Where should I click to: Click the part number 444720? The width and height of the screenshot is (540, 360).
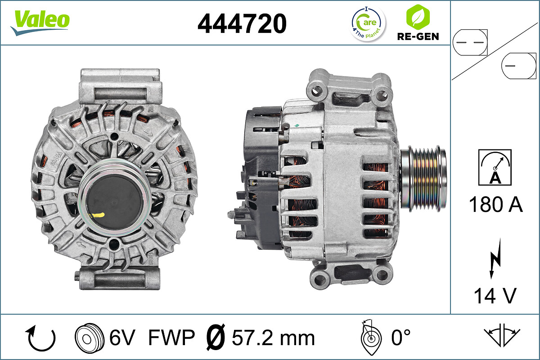(x=242, y=23)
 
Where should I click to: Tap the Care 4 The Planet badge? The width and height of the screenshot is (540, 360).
(x=368, y=23)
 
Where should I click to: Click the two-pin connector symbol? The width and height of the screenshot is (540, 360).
(x=469, y=42)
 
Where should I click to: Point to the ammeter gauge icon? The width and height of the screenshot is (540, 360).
(x=495, y=167)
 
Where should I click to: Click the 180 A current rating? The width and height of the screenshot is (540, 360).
(x=495, y=204)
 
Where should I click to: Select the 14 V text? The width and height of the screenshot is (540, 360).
(x=495, y=296)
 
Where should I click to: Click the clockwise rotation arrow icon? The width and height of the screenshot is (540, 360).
(x=41, y=338)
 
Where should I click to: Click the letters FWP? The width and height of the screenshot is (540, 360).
(x=171, y=338)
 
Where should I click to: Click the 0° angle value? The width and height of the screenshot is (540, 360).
(x=401, y=338)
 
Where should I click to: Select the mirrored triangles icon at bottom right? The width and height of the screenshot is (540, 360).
(x=502, y=335)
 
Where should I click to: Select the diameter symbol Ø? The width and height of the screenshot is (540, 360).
(x=215, y=338)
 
